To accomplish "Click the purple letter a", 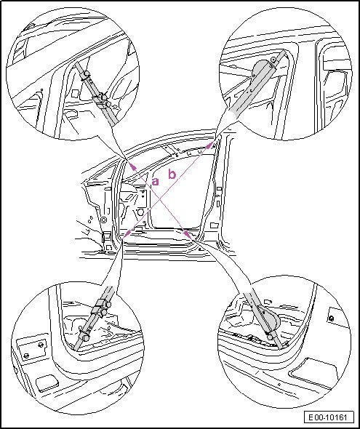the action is (155, 181).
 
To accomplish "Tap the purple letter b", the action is (172, 174).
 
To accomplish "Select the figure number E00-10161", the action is (327, 417).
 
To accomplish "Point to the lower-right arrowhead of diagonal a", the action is (188, 234).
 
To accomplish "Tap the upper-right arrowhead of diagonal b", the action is (209, 145).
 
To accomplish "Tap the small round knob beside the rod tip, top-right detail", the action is (273, 60).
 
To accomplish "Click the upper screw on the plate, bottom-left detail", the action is (41, 345).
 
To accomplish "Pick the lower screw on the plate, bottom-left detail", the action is (27, 356).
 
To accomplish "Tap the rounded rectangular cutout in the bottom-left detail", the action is (47, 382).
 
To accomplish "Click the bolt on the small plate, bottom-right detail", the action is (331, 318).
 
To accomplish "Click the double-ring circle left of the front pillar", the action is (103, 220).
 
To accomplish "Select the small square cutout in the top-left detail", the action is (75, 94).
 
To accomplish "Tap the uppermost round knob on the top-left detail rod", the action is (87, 74).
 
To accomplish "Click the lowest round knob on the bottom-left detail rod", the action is (86, 338).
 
